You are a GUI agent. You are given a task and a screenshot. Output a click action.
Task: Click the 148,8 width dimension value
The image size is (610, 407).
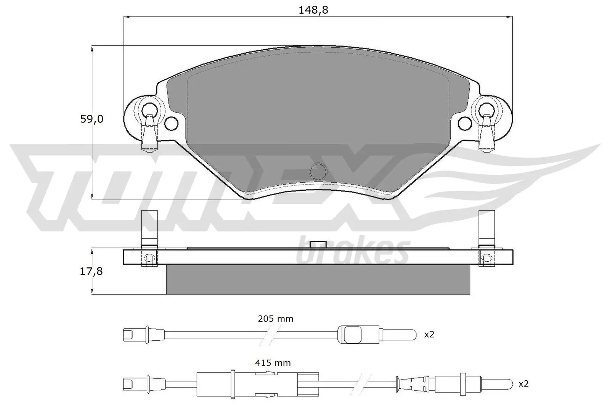point(313,10)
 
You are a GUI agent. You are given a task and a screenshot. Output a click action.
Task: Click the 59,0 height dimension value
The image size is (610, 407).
point(91,119)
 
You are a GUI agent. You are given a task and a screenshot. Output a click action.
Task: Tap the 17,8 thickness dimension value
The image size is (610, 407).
point(91,272)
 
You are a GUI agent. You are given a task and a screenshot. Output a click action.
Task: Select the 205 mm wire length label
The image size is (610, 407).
point(275,319)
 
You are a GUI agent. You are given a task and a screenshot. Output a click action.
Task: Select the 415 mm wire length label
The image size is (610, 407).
point(273,363)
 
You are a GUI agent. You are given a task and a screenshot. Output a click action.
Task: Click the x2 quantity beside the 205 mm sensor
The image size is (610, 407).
point(429,335)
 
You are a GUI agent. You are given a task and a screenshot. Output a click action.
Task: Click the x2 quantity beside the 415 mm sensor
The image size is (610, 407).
point(523,384)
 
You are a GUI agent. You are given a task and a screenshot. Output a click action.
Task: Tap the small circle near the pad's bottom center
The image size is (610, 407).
point(318,171)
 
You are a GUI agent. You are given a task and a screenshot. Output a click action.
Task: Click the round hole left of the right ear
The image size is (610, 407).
point(465,123)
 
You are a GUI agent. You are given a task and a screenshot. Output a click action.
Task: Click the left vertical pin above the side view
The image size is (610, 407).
point(149,228)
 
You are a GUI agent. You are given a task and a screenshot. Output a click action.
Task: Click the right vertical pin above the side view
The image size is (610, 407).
point(486,228)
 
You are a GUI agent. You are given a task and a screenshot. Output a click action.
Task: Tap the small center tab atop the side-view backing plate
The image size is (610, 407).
point(318,245)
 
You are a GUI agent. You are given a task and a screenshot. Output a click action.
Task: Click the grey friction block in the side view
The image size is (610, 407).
point(318,280)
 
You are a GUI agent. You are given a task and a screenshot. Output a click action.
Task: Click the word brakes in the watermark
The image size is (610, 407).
point(353,252)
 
